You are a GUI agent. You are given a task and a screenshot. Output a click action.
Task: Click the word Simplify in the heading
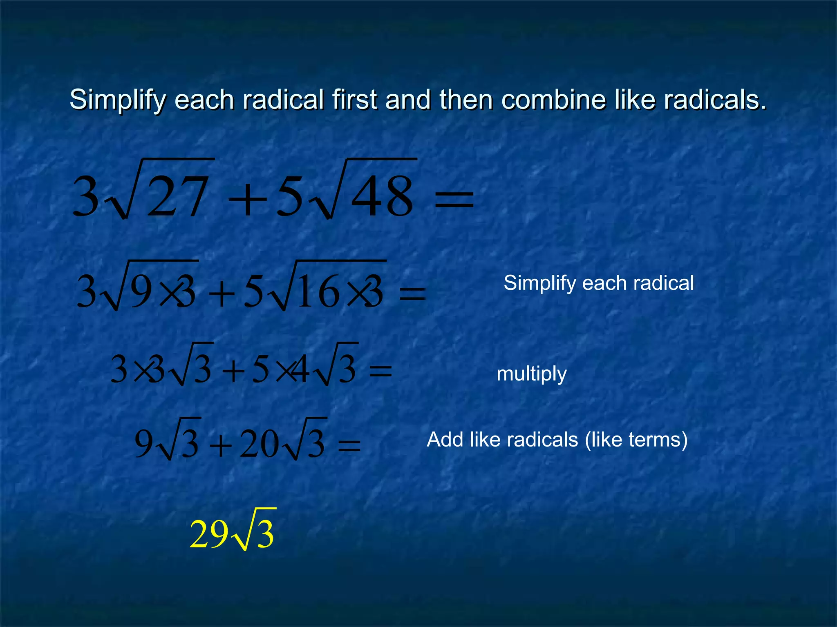pyautogui.click(x=118, y=100)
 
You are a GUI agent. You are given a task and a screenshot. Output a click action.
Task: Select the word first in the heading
pyautogui.click(x=354, y=100)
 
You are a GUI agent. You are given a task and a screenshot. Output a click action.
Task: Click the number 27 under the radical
pyautogui.click(x=177, y=196)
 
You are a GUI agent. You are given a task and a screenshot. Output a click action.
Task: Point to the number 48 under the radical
pyautogui.click(x=382, y=196)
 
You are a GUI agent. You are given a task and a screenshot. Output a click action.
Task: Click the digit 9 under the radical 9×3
pyautogui.click(x=141, y=291)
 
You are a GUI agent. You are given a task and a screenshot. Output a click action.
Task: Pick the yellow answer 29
pyautogui.click(x=209, y=534)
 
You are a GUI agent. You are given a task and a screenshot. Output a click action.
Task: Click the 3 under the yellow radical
pyautogui.click(x=265, y=535)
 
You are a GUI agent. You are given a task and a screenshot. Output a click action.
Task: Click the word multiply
pyautogui.click(x=531, y=374)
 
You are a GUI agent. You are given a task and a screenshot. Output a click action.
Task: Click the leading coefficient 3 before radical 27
pyautogui.click(x=86, y=196)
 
